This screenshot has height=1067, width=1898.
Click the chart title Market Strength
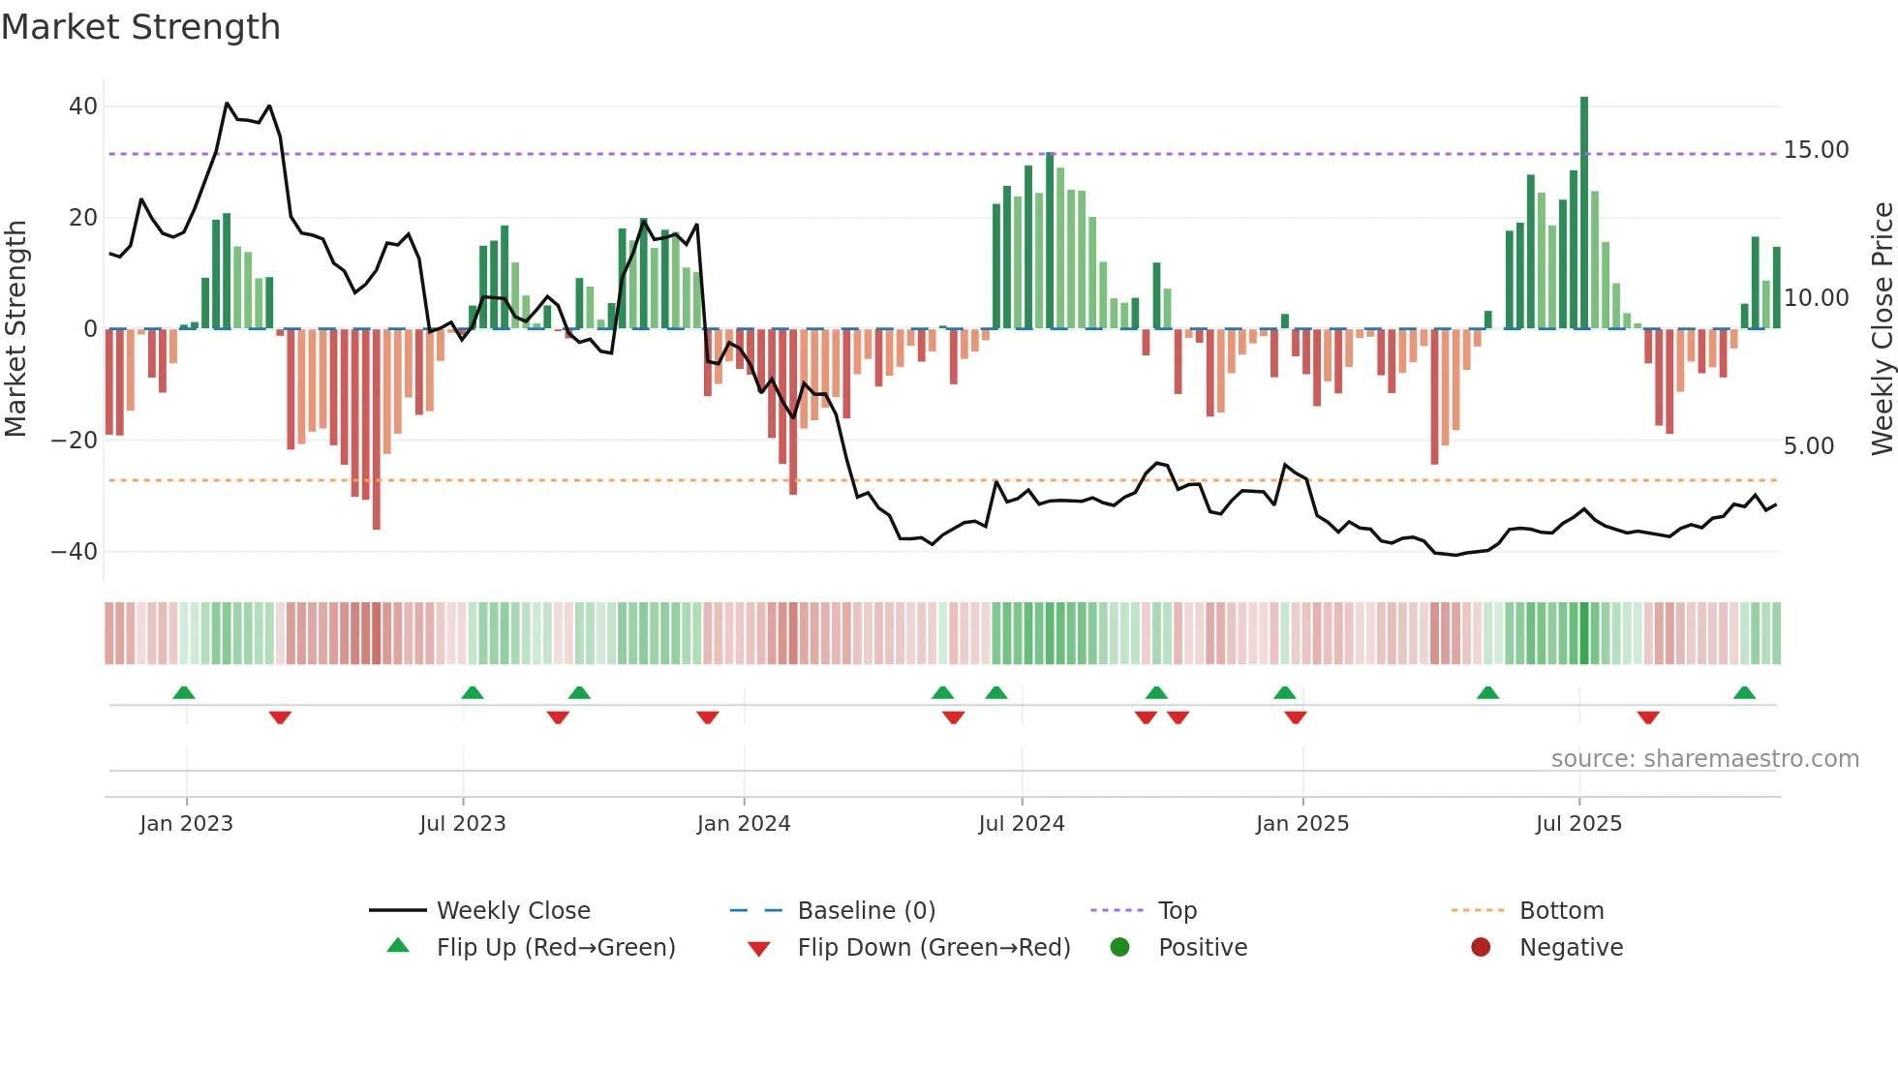[140, 27]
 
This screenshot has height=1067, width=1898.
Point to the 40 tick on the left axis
[83, 107]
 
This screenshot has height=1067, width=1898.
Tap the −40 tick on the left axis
[75, 552]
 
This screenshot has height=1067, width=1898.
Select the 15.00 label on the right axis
[1816, 150]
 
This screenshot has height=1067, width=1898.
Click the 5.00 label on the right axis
[1809, 446]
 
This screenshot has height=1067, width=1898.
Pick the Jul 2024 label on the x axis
[1021, 824]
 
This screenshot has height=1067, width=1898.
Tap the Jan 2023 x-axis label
[186, 824]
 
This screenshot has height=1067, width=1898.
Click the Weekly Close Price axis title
[1882, 329]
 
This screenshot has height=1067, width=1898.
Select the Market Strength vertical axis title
[16, 329]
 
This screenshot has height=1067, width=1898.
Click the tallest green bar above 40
[1584, 213]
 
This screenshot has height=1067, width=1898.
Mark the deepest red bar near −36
[377, 431]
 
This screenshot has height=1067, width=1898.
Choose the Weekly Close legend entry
[512, 911]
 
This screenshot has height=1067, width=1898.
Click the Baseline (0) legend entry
[866, 911]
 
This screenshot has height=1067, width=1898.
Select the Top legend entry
[1177, 911]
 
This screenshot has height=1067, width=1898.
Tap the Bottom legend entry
[1561, 911]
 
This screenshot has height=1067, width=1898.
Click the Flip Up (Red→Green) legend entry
[555, 948]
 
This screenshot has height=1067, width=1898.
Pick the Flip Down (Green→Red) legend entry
[934, 948]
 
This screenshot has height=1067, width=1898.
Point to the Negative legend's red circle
[1481, 948]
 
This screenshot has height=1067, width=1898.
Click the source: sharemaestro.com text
[1704, 759]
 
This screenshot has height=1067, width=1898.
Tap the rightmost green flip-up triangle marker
[1744, 693]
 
